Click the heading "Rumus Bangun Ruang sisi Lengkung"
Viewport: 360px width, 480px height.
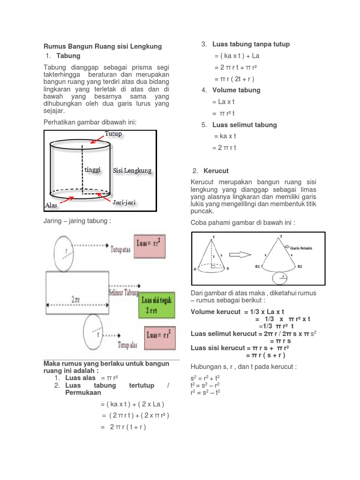click(103, 46)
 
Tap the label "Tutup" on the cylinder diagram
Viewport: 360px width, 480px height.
click(113, 134)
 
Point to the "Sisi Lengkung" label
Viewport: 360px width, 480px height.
click(132, 171)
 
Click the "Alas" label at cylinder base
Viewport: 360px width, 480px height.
click(51, 205)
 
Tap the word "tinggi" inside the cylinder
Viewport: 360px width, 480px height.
click(92, 169)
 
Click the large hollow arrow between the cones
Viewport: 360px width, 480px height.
click(240, 255)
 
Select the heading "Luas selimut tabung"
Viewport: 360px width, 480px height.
click(244, 125)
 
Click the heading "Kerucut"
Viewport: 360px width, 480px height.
click(216, 171)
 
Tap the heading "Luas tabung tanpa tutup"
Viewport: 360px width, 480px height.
click(251, 44)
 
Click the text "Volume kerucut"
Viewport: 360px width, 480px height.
click(214, 312)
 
